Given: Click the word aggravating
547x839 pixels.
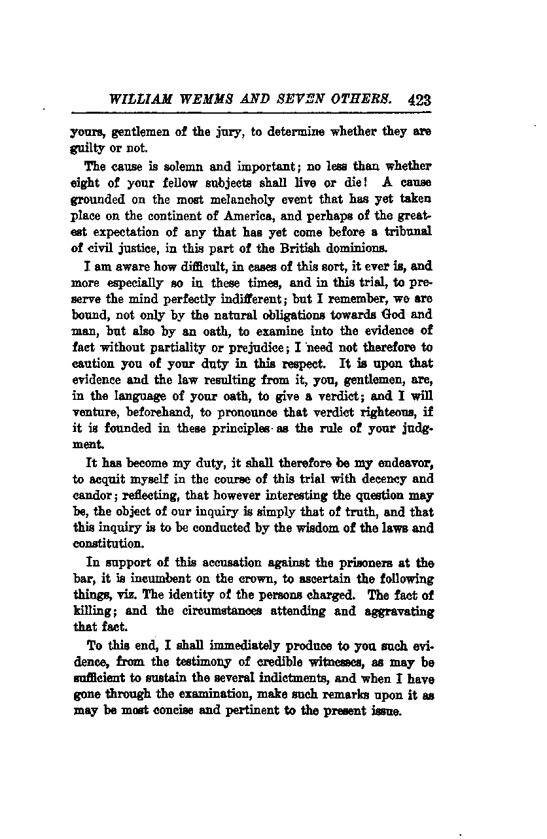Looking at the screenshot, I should pyautogui.click(x=398, y=611).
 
